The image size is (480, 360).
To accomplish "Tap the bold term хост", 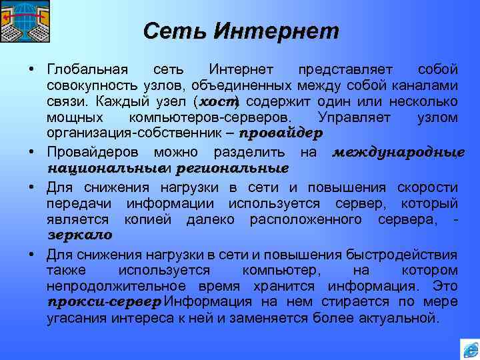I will click(x=218, y=101).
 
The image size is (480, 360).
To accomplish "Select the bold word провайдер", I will click(x=281, y=133).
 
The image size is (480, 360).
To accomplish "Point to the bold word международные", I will click(x=398, y=152).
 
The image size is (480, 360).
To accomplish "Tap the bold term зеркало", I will click(x=80, y=235).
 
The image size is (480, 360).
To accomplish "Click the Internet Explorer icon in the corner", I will click(x=469, y=348).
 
